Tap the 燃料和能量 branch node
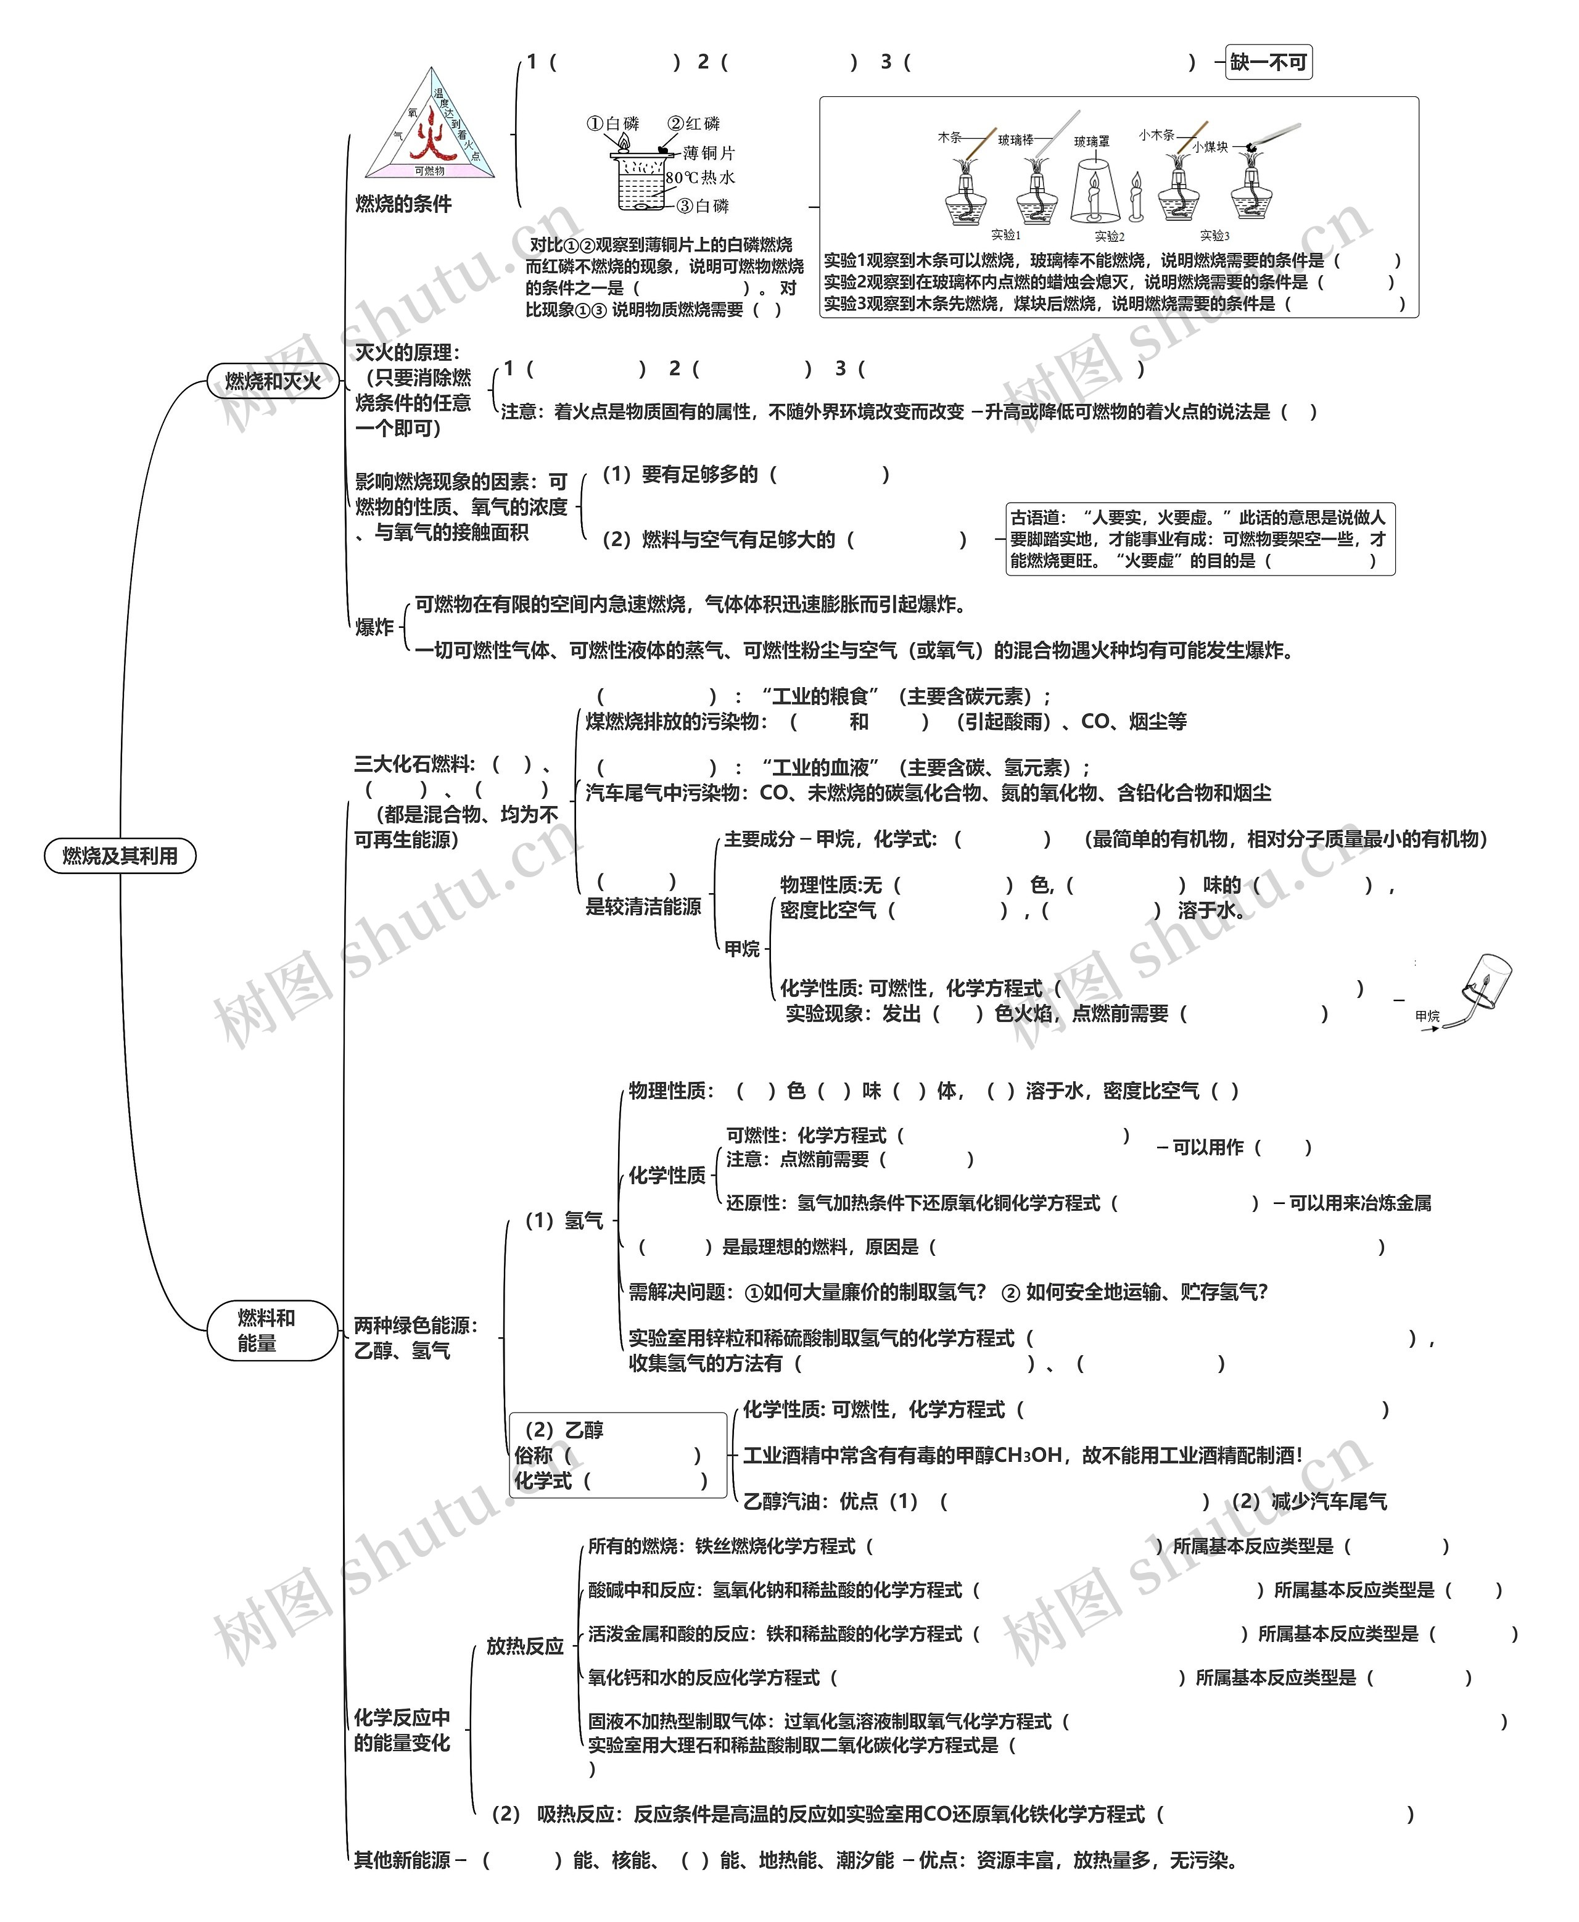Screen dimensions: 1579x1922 pos(266,1330)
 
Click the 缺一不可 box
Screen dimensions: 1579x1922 pos(1268,62)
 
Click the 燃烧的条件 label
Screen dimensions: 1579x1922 pos(403,204)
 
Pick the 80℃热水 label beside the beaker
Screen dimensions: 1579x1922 pos(699,178)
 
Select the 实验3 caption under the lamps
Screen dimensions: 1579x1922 pos(1214,236)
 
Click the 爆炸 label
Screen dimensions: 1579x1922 pos(374,627)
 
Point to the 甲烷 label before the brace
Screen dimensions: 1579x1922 pos(741,949)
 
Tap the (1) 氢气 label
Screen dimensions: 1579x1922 pos(564,1221)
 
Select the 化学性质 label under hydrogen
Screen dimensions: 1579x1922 pos(667,1175)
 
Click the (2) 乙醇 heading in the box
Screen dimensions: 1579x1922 pos(564,1430)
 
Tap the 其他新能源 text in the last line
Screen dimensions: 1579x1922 pos(402,1860)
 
